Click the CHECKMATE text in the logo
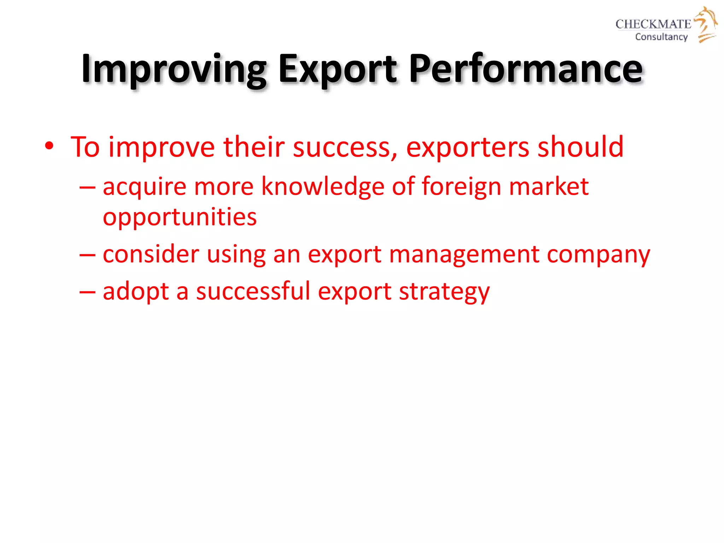653,24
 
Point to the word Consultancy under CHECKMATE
661,37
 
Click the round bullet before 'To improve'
49,146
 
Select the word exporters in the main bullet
467,147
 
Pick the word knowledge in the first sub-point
322,186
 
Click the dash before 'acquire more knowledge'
87,187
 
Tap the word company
598,255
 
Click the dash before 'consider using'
87,255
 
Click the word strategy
444,292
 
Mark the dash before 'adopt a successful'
87,292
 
